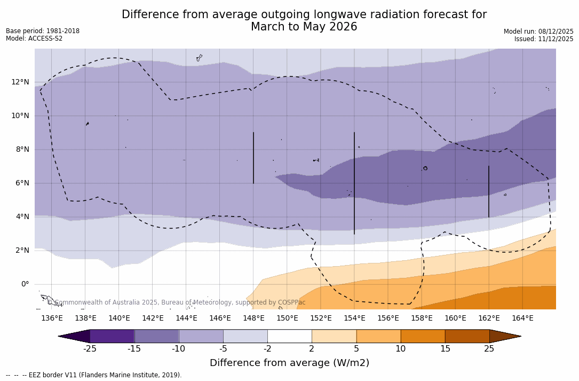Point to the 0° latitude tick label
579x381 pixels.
point(25,284)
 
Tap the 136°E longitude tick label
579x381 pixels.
point(52,318)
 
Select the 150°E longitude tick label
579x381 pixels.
point(287,318)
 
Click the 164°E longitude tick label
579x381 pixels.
point(522,318)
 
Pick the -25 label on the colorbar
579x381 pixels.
point(90,349)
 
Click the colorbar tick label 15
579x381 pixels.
point(445,349)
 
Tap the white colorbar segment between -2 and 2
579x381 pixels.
point(289,336)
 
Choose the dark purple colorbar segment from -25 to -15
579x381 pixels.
point(112,336)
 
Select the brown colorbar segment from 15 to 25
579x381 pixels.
point(467,336)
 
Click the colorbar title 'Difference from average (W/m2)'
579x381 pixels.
point(289,363)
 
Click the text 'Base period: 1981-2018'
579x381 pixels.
point(43,31)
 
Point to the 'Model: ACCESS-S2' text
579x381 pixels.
point(34,38)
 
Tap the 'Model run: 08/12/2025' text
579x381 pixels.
point(538,32)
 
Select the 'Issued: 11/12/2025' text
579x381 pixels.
point(544,39)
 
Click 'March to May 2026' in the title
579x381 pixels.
point(304,27)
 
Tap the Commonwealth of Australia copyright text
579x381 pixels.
point(176,302)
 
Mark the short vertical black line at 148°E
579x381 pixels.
point(253,158)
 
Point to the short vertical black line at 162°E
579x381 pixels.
point(489,191)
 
